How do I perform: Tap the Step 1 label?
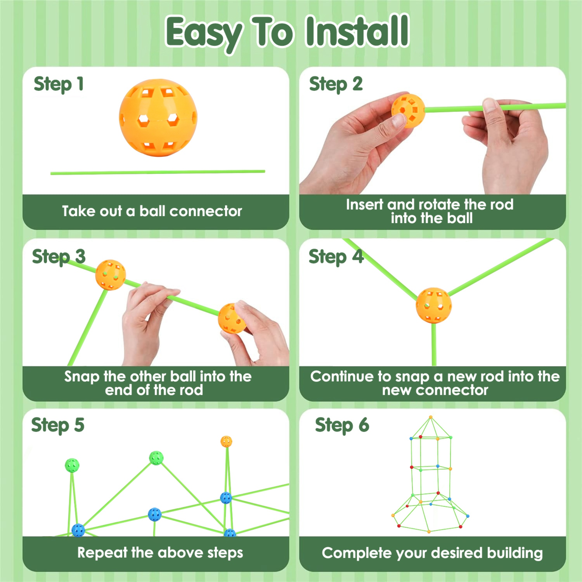coord(58,84)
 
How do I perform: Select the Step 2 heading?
coord(336,84)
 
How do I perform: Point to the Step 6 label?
coord(342,425)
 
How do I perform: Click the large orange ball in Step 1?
coord(158,118)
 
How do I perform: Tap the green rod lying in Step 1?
coord(157,172)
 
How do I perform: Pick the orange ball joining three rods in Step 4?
coord(434,306)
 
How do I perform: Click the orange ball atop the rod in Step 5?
coord(226,442)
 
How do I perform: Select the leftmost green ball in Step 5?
coord(72,465)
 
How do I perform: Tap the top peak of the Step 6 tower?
coord(431,417)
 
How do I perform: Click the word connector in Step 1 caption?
coord(206,211)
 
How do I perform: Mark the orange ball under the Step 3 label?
coord(110,275)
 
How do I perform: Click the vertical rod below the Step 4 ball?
coord(434,344)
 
